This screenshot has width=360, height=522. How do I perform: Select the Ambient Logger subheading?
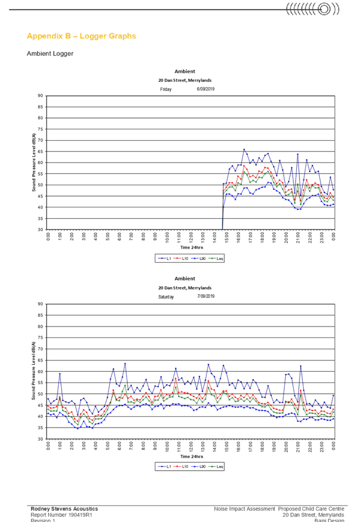pyautogui.click(x=50, y=54)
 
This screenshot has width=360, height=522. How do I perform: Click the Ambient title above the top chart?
pyautogui.click(x=185, y=72)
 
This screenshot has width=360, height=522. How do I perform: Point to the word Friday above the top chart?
pyautogui.click(x=166, y=89)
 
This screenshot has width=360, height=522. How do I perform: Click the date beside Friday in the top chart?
pyautogui.click(x=205, y=89)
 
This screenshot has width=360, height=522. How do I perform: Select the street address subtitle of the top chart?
pyautogui.click(x=185, y=80)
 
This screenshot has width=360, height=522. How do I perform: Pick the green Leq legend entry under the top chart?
pyautogui.click(x=215, y=259)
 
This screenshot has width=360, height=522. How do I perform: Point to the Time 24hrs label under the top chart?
pyautogui.click(x=192, y=247)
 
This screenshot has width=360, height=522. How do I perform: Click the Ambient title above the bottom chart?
pyautogui.click(x=185, y=279)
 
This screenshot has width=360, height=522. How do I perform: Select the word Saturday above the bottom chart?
pyautogui.click(x=166, y=296)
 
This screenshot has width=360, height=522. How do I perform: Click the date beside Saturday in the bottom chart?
pyautogui.click(x=205, y=296)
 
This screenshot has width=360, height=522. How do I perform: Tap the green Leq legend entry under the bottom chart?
pyautogui.click(x=215, y=467)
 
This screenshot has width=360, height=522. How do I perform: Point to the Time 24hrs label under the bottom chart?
pyautogui.click(x=192, y=455)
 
